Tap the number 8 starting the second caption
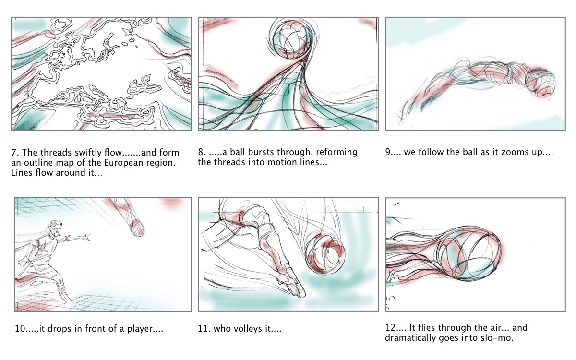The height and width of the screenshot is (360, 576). click(202, 152)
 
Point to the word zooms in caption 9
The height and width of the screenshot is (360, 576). click(505, 152)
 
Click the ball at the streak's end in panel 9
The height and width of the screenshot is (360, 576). click(540, 83)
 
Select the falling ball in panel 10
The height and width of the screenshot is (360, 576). click(137, 228)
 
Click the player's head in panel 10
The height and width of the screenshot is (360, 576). click(56, 228)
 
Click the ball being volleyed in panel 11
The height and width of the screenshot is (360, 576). click(325, 253)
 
